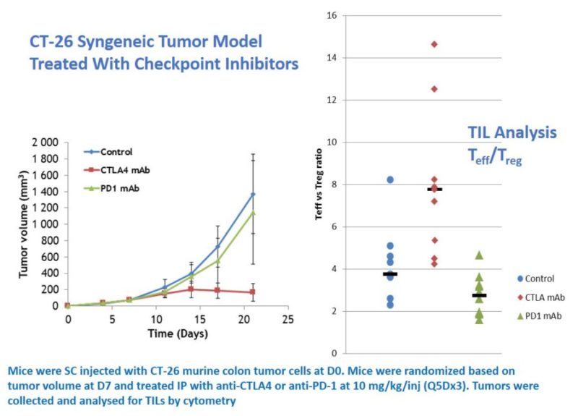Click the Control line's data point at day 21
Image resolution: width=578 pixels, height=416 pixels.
click(x=253, y=194)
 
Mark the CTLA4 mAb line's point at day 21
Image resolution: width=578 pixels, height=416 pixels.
click(x=253, y=292)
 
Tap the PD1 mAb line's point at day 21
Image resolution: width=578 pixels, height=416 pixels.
click(x=253, y=212)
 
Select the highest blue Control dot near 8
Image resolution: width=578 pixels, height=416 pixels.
click(x=390, y=179)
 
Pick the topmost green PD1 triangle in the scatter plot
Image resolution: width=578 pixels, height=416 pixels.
click(x=478, y=255)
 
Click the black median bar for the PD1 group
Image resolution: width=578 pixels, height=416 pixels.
click(x=478, y=295)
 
